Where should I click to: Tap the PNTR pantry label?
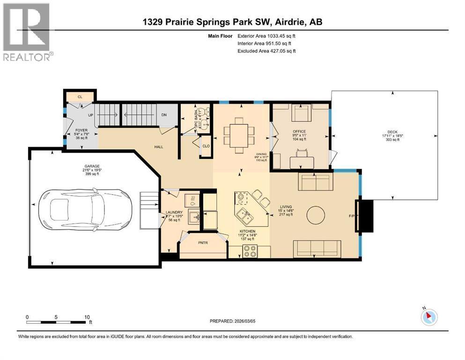[202, 243]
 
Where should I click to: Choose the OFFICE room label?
[299, 132]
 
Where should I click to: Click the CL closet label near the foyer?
[80, 97]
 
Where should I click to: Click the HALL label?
[159, 147]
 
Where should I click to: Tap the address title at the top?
[232, 22]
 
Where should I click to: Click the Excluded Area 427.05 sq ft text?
[266, 51]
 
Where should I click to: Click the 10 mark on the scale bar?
[87, 317]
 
